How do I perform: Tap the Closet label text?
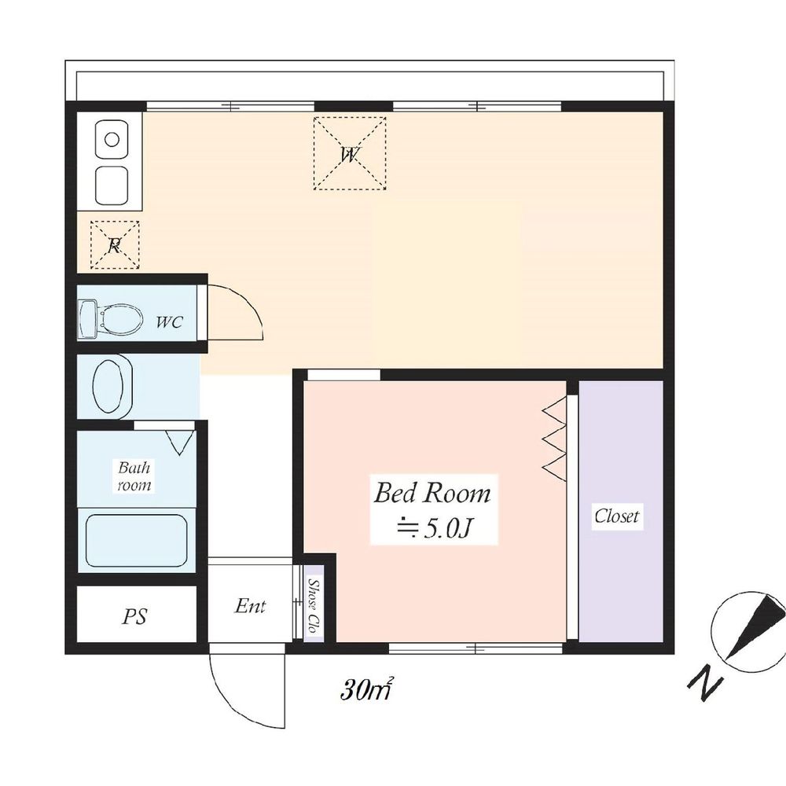(x=616, y=516)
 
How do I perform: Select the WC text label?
(x=170, y=321)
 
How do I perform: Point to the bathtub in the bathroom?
(x=136, y=541)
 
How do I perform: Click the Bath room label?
(x=134, y=476)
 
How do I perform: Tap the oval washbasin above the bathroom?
(x=112, y=387)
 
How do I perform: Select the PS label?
(x=134, y=616)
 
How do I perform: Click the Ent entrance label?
(x=250, y=606)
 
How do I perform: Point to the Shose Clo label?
(x=314, y=606)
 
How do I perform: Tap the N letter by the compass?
(x=705, y=681)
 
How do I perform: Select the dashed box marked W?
(x=350, y=153)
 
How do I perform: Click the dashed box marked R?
(x=115, y=244)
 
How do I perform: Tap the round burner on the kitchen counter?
(x=112, y=139)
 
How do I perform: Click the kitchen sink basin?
(x=112, y=185)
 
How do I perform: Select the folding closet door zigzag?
(x=554, y=441)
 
